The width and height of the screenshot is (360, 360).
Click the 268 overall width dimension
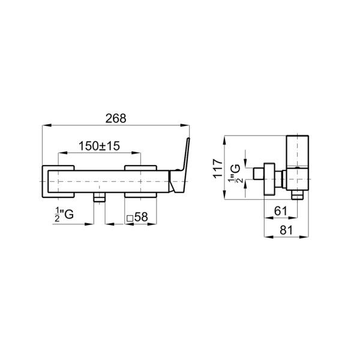[116, 119]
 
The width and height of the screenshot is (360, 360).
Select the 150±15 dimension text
[99, 146]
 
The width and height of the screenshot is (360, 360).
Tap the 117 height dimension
[218, 168]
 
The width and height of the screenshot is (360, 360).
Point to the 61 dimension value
[281, 211]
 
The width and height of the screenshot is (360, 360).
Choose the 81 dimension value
[287, 230]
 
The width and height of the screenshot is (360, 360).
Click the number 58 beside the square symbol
[141, 217]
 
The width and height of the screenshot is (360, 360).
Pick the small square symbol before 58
[130, 218]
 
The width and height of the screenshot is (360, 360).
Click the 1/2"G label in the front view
[64, 214]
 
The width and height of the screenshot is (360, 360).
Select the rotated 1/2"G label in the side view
[235, 174]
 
